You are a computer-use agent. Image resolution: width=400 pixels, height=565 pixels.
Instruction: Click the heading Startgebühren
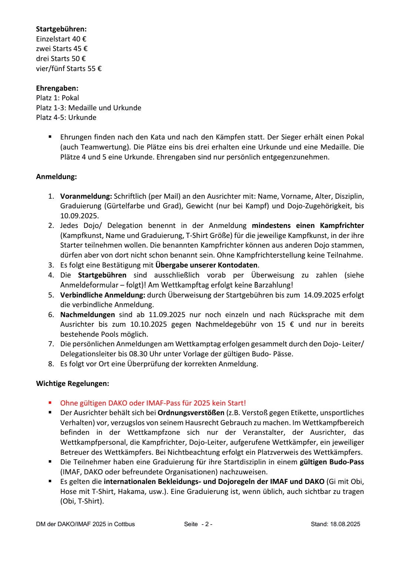tap(61, 29)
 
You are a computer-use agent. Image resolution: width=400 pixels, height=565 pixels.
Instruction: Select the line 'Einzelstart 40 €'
tap(61, 39)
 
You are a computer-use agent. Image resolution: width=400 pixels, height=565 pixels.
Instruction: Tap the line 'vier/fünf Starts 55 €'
tap(69, 68)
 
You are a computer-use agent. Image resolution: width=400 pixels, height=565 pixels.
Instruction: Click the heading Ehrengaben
tap(57, 88)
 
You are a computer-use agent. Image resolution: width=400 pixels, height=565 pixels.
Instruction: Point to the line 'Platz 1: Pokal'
tap(57, 98)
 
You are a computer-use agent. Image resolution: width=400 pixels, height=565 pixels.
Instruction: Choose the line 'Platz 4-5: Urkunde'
tap(66, 118)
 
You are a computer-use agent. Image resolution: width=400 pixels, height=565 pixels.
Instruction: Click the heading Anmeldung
tap(56, 177)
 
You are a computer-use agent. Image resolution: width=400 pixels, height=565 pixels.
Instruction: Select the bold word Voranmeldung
tap(86, 196)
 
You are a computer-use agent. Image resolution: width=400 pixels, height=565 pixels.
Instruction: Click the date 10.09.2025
tap(79, 216)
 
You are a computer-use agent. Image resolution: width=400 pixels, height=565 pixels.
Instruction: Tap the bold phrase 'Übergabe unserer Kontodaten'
tap(206, 265)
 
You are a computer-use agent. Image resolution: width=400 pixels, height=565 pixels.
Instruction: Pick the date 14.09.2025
tap(322, 295)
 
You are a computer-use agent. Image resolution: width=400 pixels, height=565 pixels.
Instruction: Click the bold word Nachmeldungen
tap(87, 315)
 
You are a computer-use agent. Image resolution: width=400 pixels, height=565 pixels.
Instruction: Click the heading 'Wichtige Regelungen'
tap(73, 384)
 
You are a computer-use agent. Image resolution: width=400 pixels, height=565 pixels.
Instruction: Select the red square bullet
tap(50, 403)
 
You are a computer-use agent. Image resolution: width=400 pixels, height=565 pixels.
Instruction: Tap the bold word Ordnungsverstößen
tap(191, 413)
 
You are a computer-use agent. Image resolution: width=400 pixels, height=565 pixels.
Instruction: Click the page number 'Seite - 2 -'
tap(198, 524)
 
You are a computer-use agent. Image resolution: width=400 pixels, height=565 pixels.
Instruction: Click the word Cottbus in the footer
tap(124, 524)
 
